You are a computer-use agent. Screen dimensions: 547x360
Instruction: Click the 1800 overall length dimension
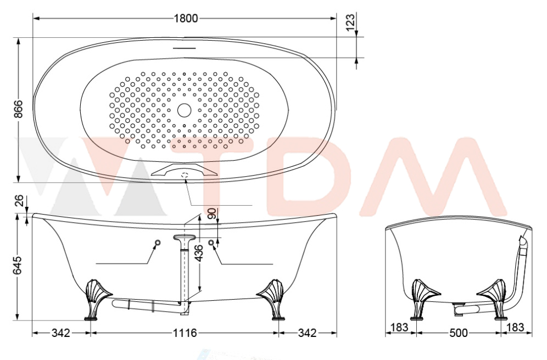pos(186,18)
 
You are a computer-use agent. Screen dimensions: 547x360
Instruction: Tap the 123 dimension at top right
pos(350,22)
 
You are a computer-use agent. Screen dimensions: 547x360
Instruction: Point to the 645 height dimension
pos(18,265)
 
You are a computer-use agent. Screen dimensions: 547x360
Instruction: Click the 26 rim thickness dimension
pos(20,201)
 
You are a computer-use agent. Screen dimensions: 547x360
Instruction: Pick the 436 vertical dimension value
pos(198,254)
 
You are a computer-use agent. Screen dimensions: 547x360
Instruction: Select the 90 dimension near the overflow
pos(212,213)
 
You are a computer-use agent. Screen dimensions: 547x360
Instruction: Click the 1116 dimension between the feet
pos(185,333)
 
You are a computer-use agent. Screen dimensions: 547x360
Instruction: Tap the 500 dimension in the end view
pos(459,333)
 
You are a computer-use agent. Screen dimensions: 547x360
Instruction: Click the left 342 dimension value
pos(61,333)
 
